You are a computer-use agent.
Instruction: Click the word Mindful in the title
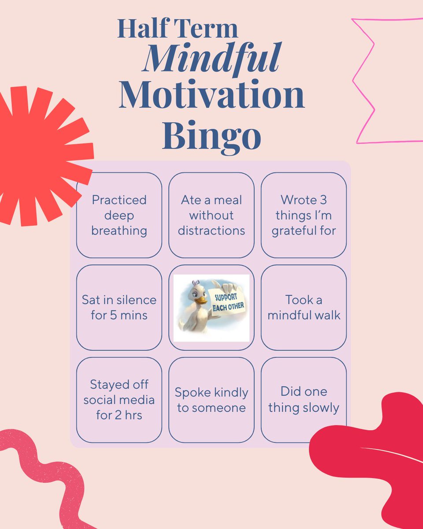pyautogui.click(x=211, y=59)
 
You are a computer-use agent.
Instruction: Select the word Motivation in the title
pyautogui.click(x=211, y=95)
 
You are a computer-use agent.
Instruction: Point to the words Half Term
pyautogui.click(x=178, y=29)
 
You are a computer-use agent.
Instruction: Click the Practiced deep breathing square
pyautogui.click(x=119, y=215)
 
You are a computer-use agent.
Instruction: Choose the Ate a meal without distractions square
pyautogui.click(x=211, y=215)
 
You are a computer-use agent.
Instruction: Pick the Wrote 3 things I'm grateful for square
pyautogui.click(x=304, y=215)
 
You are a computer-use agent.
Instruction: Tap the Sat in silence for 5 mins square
pyautogui.click(x=119, y=308)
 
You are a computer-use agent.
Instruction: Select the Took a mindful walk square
pyautogui.click(x=304, y=308)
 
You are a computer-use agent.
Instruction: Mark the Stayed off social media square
pyautogui.click(x=119, y=400)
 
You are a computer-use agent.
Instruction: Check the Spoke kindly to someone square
pyautogui.click(x=211, y=400)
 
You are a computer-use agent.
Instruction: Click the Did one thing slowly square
pyautogui.click(x=304, y=400)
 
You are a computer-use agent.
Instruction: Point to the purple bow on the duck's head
pyautogui.click(x=196, y=283)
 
